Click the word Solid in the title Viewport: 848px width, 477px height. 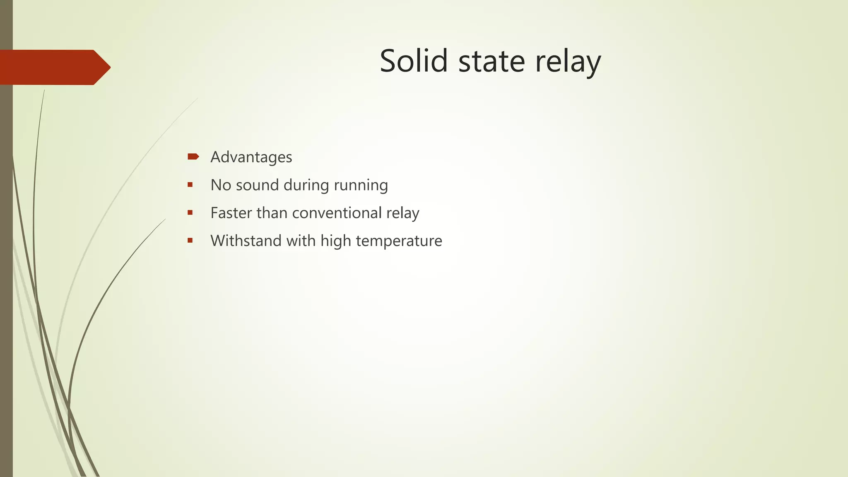pos(414,61)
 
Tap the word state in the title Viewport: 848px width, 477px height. pos(491,61)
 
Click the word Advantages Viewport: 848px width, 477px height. pos(251,157)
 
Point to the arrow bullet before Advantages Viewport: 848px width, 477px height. pos(193,157)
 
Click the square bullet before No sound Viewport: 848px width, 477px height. pos(190,185)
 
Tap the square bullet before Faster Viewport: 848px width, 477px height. pos(190,213)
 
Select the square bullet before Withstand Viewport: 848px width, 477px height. pos(190,241)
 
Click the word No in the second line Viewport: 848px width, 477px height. pos(221,185)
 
